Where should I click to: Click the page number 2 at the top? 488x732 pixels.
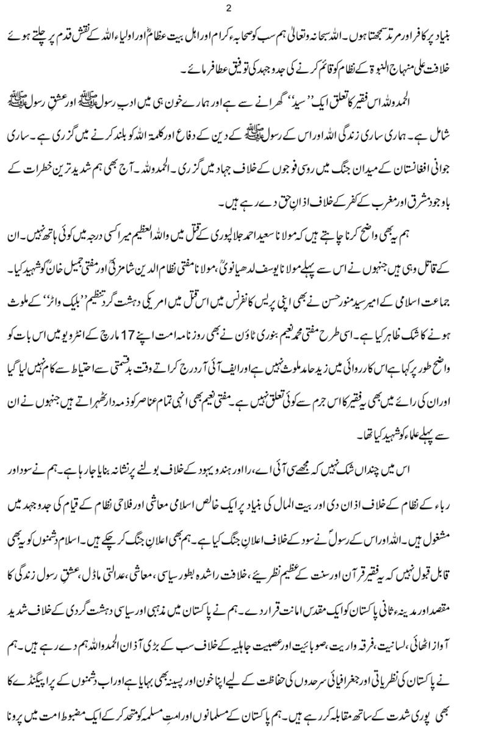click(244, 8)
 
